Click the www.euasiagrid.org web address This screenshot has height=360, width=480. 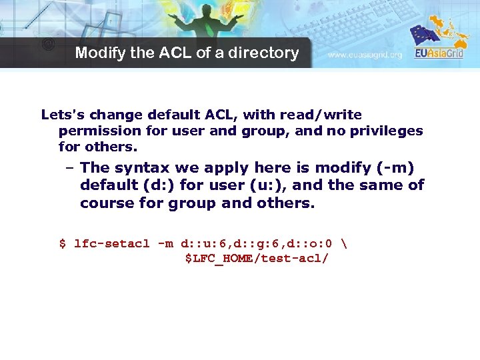[x=365, y=55]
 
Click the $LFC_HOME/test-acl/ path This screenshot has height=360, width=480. [x=257, y=258]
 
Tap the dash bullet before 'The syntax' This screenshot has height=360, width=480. [x=70, y=167]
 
